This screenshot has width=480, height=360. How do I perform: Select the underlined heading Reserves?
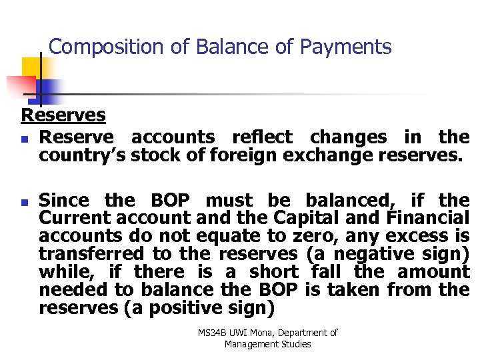click(x=63, y=115)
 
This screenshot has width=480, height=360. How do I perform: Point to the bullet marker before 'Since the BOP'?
click(x=25, y=201)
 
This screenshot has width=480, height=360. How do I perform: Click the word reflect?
click(x=261, y=137)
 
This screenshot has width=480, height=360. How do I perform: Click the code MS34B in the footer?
click(x=212, y=332)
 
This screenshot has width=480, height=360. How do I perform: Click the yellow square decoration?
click(x=31, y=67)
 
